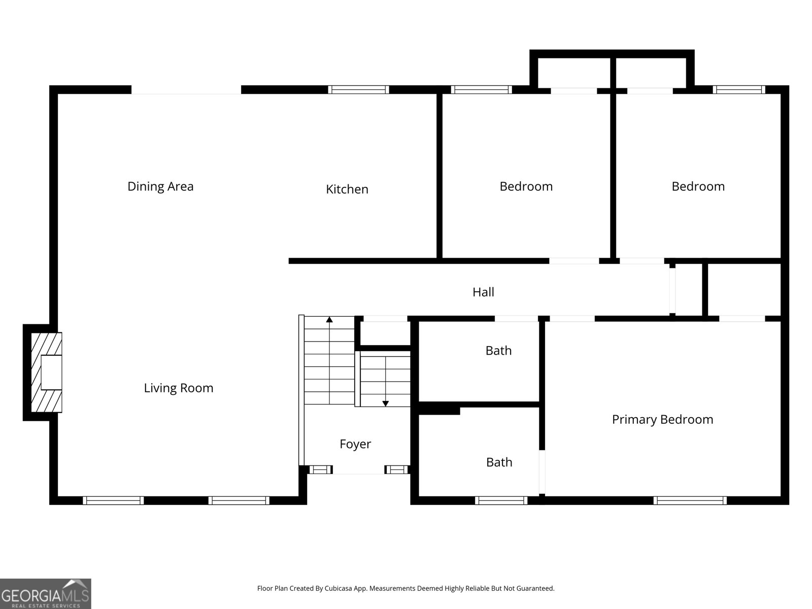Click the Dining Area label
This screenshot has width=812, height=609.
pos(160,186)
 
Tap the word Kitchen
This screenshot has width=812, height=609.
pos(347,189)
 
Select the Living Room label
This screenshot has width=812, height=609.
pos(179,388)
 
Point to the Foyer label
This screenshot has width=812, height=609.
pos(355,444)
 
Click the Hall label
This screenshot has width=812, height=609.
pos(483,292)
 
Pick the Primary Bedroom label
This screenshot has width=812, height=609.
pos(662,419)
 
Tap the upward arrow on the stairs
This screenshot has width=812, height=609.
pos(329,320)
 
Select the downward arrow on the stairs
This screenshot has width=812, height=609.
pos(385,403)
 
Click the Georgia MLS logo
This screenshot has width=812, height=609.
pos(45,593)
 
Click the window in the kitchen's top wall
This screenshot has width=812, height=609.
pos(358,90)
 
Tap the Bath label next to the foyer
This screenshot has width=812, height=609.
pos(499,462)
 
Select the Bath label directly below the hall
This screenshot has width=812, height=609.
pos(498,351)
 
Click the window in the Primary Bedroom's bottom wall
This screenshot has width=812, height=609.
pos(690,500)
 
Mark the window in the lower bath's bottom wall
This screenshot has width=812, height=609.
pos(501,500)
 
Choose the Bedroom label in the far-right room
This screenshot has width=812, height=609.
pos(698,186)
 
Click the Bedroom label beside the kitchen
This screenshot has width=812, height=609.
pos(526,186)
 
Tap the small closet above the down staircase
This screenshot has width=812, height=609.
pos(385,332)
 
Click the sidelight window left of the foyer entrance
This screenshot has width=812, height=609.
pos(320,469)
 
